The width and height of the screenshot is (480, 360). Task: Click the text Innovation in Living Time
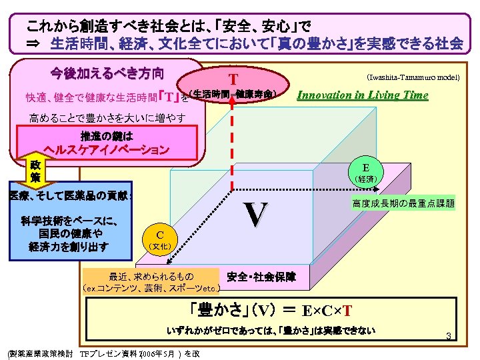363,95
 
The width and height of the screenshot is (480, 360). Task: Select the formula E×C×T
327,311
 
